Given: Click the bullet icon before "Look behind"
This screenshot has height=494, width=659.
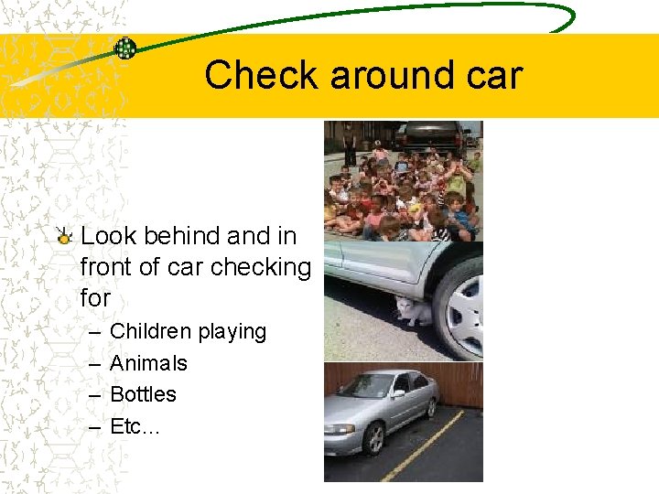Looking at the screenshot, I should (64, 237).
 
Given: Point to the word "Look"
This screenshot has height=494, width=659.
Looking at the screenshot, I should (107, 236).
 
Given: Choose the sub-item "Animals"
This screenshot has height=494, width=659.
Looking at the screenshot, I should (148, 363).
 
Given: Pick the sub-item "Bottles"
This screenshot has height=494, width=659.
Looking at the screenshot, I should (143, 394).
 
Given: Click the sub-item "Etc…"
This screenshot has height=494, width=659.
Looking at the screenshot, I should (134, 425).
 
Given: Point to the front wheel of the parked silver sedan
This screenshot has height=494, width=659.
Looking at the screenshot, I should (373, 438).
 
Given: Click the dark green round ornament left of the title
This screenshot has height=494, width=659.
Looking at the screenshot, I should (125, 48).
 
